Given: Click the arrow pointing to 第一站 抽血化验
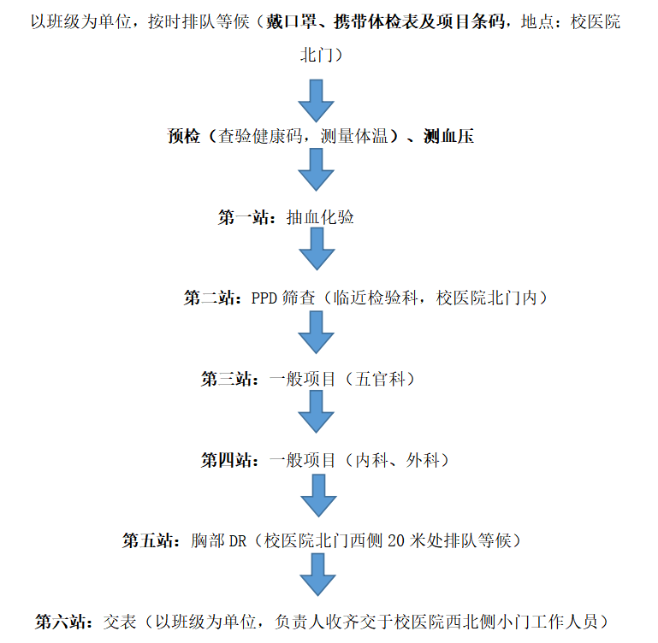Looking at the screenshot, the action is pyautogui.click(x=316, y=170).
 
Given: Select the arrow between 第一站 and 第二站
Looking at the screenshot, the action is pyautogui.click(x=317, y=249).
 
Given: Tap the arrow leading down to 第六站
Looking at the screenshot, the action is pyautogui.click(x=317, y=575).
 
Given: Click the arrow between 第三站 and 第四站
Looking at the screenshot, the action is pyautogui.click(x=316, y=411).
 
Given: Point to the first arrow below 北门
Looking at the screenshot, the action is pyautogui.click(x=316, y=101).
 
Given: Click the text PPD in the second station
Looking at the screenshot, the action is pyautogui.click(x=264, y=298).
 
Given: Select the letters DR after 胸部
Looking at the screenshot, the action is pyautogui.click(x=237, y=541).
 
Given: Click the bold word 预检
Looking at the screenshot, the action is pyautogui.click(x=184, y=136).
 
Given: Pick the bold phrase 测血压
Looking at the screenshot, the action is pyautogui.click(x=449, y=136).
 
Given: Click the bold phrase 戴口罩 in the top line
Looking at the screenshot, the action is pyautogui.click(x=291, y=22).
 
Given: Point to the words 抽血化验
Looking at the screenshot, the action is pyautogui.click(x=320, y=217).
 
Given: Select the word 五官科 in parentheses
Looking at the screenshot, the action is pyautogui.click(x=380, y=379).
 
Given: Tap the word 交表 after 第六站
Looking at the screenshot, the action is pyautogui.click(x=120, y=622).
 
